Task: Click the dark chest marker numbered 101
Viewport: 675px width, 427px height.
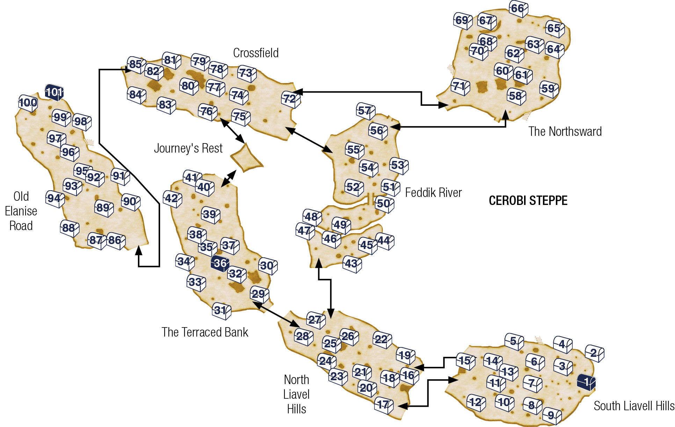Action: click(x=54, y=93)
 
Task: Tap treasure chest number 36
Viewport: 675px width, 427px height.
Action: click(x=220, y=263)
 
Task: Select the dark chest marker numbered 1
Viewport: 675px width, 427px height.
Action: click(x=586, y=382)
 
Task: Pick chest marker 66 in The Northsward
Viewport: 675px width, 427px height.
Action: click(x=518, y=9)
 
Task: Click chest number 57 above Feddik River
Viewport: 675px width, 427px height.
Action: click(x=366, y=111)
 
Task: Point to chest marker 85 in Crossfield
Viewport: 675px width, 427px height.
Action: click(x=136, y=65)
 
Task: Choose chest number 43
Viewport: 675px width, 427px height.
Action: click(x=352, y=264)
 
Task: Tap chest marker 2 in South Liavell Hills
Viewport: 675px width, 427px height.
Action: click(x=595, y=353)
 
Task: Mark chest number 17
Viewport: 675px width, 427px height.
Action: click(x=384, y=405)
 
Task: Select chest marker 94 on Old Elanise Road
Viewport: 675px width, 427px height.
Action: click(x=55, y=199)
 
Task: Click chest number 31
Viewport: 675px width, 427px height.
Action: click(x=222, y=311)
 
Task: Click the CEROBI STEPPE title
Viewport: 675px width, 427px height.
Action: click(x=528, y=201)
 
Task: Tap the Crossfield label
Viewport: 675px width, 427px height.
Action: click(x=256, y=53)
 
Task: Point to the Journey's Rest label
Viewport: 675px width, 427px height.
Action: click(x=188, y=148)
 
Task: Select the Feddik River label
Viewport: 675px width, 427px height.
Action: click(x=433, y=192)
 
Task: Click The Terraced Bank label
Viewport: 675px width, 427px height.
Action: click(x=205, y=332)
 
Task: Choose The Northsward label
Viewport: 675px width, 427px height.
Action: click(x=565, y=132)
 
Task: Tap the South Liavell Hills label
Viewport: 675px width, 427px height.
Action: click(x=634, y=406)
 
